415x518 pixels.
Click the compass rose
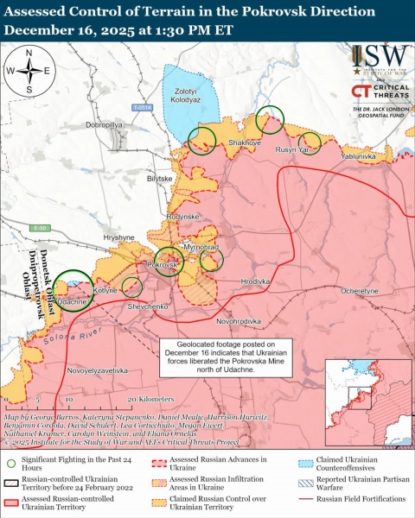tap(29, 71)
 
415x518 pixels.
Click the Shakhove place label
tap(246, 142)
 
